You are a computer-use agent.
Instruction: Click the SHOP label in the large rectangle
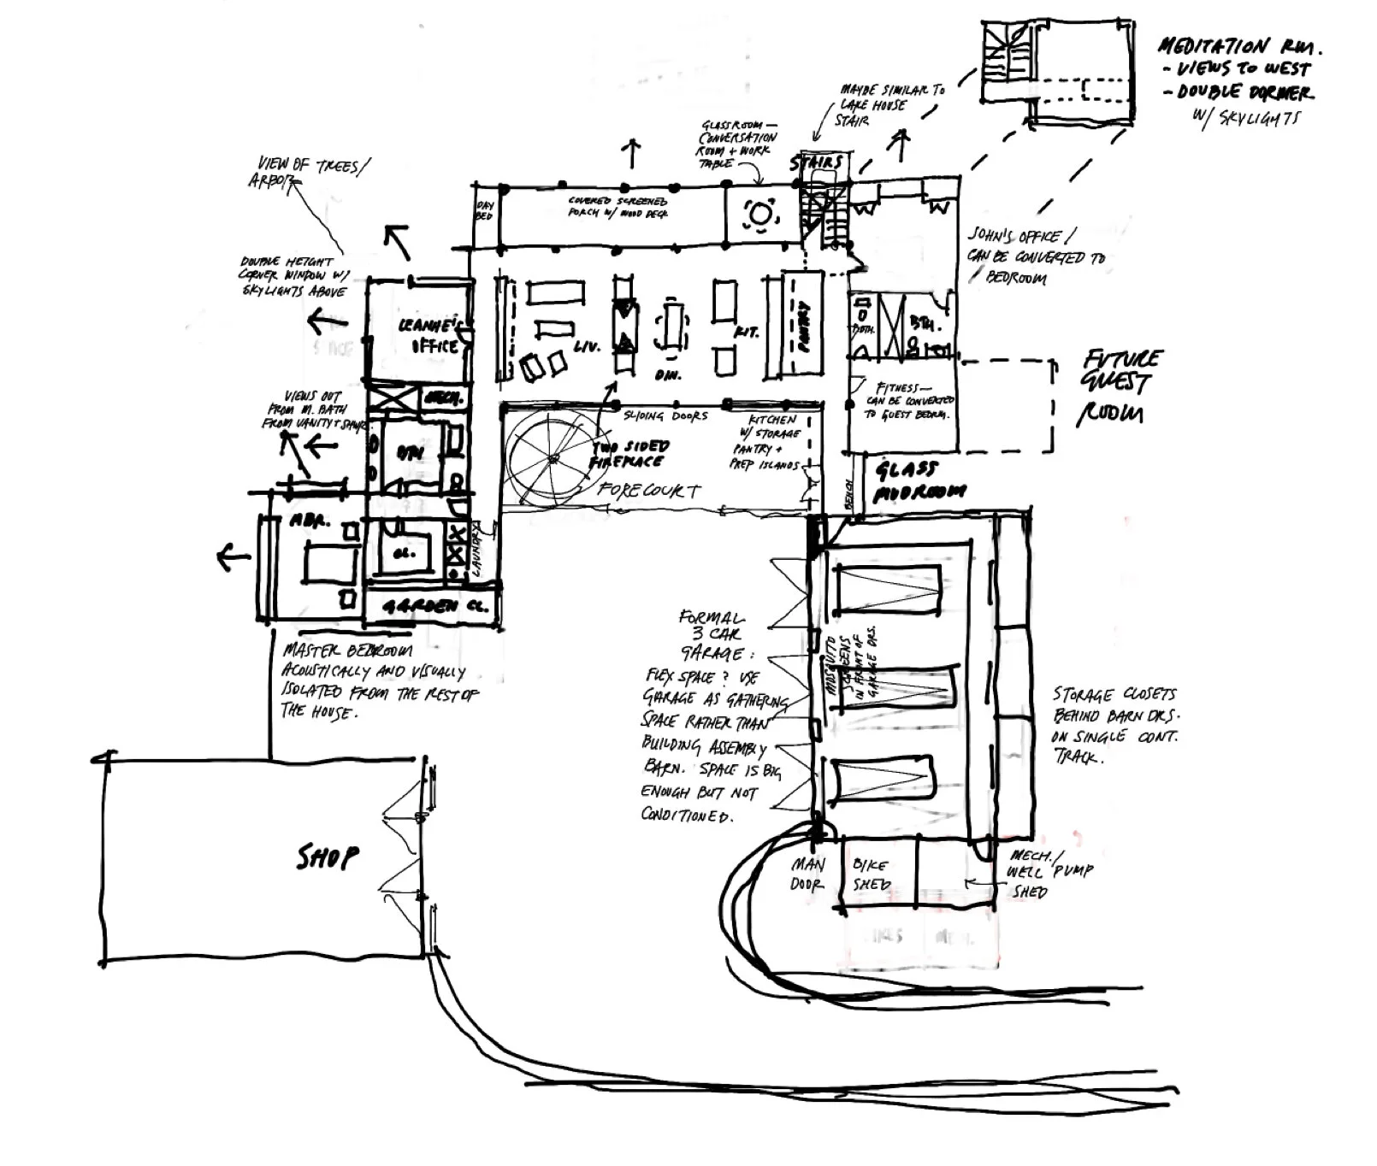(328, 857)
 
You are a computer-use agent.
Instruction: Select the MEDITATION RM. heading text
(1238, 46)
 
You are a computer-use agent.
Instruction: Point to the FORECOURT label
(649, 492)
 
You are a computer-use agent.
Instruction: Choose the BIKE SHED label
(871, 874)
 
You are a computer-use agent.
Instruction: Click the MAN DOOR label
(807, 874)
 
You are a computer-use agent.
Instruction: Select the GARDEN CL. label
(434, 607)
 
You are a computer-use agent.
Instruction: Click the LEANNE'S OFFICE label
(434, 336)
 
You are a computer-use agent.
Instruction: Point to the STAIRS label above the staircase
(816, 162)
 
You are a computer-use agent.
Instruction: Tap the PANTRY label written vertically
(803, 326)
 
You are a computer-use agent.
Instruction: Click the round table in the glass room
(759, 214)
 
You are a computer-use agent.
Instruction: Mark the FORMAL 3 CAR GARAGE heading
(712, 634)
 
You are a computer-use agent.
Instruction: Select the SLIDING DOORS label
(665, 415)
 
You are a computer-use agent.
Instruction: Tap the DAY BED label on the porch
(484, 211)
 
